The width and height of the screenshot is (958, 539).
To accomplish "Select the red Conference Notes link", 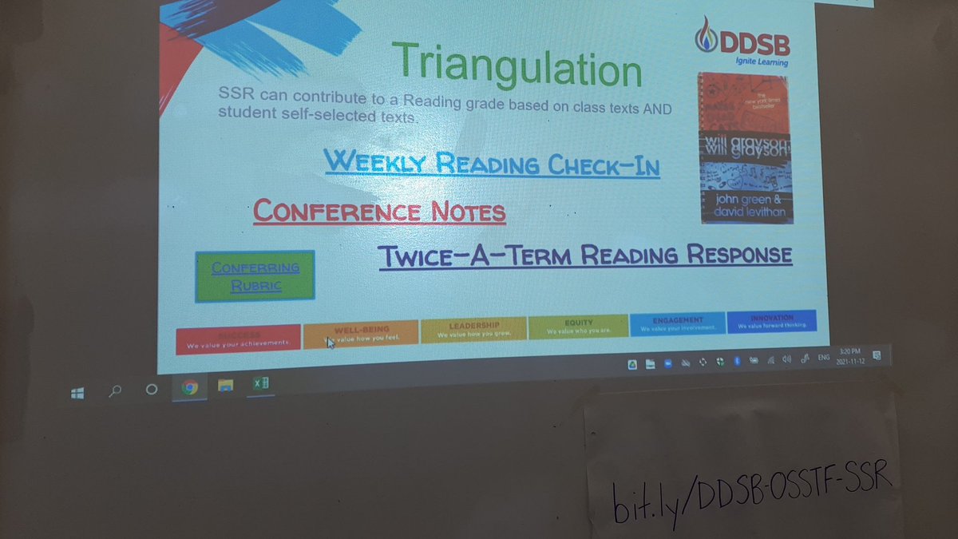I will click(379, 212).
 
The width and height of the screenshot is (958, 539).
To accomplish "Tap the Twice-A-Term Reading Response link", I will click(584, 256).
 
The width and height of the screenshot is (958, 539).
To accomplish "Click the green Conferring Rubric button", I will click(255, 276).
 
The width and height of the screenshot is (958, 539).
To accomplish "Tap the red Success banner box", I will click(238, 339).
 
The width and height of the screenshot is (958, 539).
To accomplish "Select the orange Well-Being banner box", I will click(361, 334).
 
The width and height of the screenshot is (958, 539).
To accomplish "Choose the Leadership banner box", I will click(473, 330).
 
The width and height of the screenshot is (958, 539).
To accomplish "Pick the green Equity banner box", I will click(578, 326).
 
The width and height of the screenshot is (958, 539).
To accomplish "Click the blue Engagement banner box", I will click(677, 323).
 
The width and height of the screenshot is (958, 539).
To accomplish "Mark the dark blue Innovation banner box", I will click(771, 320).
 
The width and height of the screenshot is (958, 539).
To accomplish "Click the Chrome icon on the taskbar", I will click(189, 388).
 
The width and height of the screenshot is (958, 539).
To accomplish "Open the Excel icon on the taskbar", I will click(260, 384).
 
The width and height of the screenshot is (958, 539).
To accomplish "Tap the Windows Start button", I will click(77, 393).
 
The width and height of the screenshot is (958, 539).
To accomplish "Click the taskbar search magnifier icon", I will click(116, 391).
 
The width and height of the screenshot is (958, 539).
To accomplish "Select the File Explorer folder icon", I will click(226, 386).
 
